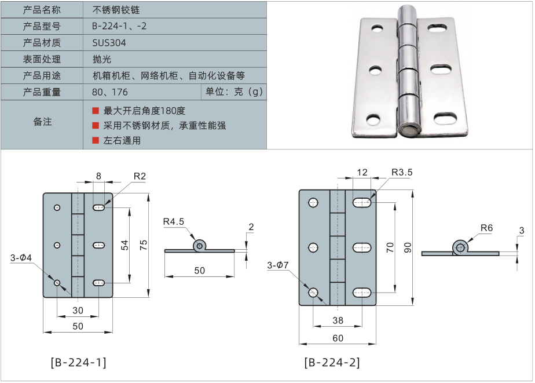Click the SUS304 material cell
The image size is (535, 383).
pyautogui.click(x=109, y=43)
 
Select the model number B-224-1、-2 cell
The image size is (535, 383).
pyautogui.click(x=119, y=27)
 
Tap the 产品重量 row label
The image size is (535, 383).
pyautogui.click(x=42, y=92)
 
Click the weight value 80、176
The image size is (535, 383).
pyautogui.click(x=109, y=92)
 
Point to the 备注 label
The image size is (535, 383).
pyautogui.click(x=42, y=122)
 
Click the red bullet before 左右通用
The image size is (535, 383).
pyautogui.click(x=96, y=140)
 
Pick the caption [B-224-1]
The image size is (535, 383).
pyautogui.click(x=78, y=363)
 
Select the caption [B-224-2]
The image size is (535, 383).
pyautogui.click(x=332, y=363)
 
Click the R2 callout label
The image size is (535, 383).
pyautogui.click(x=139, y=176)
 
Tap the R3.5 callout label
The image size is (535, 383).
pyautogui.click(x=401, y=173)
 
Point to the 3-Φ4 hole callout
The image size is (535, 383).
pyautogui.click(x=21, y=257)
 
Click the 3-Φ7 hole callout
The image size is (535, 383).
pyautogui.click(x=279, y=265)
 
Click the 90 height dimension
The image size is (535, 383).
pyautogui.click(x=408, y=247)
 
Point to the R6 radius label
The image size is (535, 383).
pyautogui.click(x=486, y=228)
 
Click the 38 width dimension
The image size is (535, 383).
pyautogui.click(x=338, y=320)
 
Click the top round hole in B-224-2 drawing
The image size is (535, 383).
pyautogui.click(x=313, y=203)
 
